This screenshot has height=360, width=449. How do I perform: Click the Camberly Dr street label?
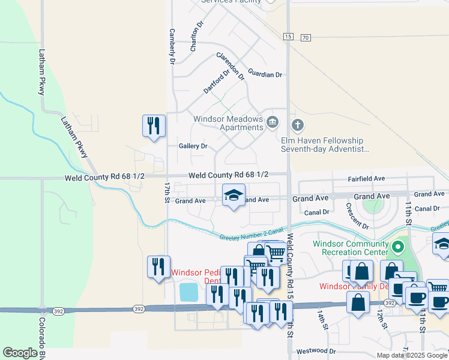click(172, 47)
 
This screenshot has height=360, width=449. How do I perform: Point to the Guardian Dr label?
click(265, 74)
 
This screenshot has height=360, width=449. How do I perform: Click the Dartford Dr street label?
click(216, 82)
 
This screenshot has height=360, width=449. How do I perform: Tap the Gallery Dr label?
click(193, 146)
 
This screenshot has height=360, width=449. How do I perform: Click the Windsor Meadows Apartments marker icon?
click(272, 123)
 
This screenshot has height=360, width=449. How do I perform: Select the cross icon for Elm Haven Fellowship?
click(297, 125)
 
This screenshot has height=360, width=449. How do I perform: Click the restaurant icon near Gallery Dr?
click(154, 126)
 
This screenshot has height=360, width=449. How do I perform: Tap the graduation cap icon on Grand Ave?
click(234, 195)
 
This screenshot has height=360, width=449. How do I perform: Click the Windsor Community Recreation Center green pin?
click(397, 247)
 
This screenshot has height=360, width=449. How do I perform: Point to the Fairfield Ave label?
click(366, 179)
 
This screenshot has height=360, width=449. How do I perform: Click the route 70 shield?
click(306, 38)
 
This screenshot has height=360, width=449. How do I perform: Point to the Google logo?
click(20, 353)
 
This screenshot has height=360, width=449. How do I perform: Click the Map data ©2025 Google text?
click(411, 355)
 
